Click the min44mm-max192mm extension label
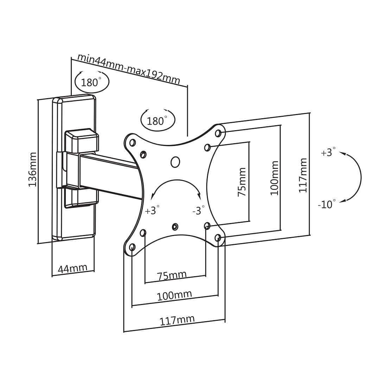coord(129,69)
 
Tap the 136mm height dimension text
coord(32,169)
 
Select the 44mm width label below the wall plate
coord(72,269)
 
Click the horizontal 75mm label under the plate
coord(172,275)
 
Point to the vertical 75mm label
coord(242,182)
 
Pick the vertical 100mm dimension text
coord(274,178)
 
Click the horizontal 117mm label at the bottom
coord(177,321)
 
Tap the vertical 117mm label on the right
coord(303,175)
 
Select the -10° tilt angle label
coord(327,204)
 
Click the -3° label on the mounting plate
coord(198,211)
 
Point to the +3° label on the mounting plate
coord(152,211)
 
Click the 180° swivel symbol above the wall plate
coord(92,82)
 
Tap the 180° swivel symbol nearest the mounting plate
coord(158,121)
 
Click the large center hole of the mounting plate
coord(175,162)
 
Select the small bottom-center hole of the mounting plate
coord(175,227)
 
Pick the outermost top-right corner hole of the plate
coord(218,133)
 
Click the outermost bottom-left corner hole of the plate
coord(132,247)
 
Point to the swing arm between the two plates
coord(109,176)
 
